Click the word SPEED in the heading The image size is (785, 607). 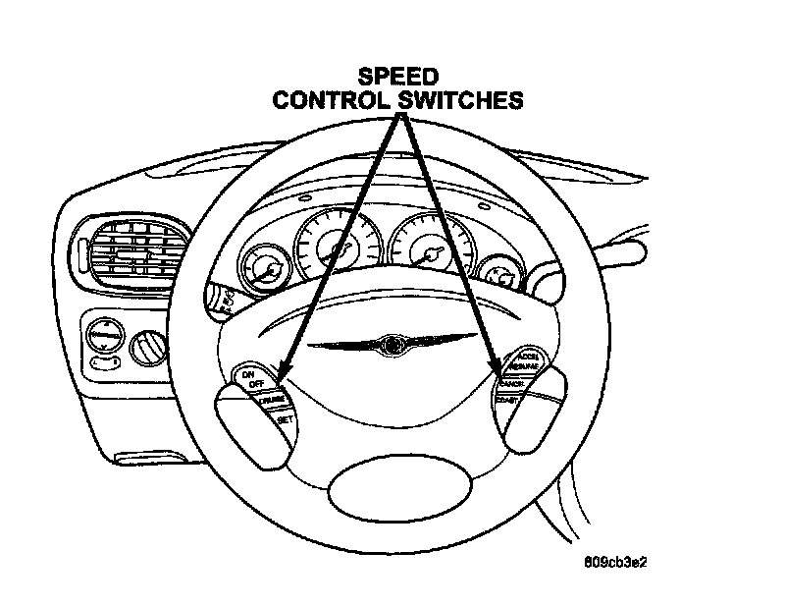(x=398, y=77)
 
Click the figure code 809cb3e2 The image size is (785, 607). (x=616, y=563)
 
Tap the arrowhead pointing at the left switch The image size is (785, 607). (x=283, y=374)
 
